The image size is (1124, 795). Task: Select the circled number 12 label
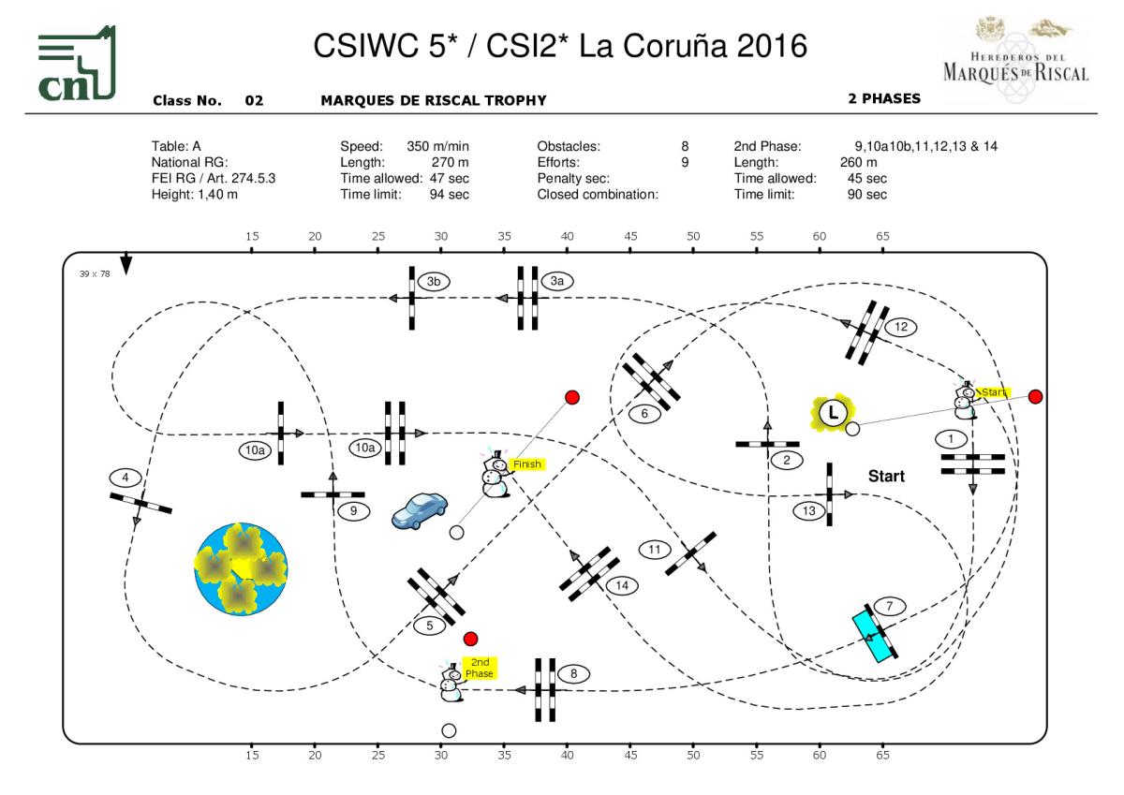[x=901, y=327]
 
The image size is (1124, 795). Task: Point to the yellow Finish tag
[x=526, y=464]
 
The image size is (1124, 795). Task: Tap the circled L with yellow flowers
[x=834, y=411]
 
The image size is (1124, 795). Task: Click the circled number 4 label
[x=125, y=478]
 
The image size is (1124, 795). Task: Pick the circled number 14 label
[x=621, y=585]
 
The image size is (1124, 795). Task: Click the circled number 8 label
[x=573, y=672]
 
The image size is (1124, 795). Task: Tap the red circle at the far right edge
[x=1035, y=397]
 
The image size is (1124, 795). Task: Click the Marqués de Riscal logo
[x=1014, y=52]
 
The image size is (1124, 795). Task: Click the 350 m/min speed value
[x=437, y=147]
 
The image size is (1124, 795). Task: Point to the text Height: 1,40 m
[x=194, y=195]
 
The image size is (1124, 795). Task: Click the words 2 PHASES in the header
[x=883, y=98]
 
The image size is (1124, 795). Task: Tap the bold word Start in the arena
[x=886, y=476]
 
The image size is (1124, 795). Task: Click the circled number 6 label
[x=644, y=412]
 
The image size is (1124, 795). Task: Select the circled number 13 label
[x=809, y=510]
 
